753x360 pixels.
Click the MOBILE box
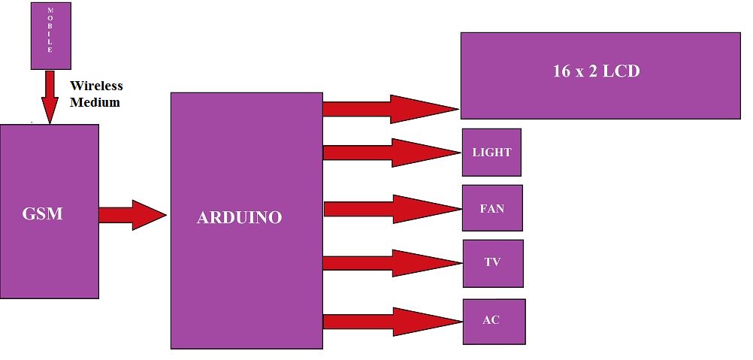tap(50, 36)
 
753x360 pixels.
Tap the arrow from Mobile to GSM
tap(50, 96)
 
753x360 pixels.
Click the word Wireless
tap(95, 86)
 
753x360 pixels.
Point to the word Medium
tap(95, 102)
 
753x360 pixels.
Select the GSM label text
tap(43, 213)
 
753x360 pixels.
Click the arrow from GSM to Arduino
tap(132, 215)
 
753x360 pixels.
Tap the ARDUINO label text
tap(239, 218)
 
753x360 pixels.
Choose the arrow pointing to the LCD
tap(390, 109)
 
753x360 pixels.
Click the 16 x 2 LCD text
tap(596, 72)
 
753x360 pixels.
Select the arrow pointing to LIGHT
tap(391, 153)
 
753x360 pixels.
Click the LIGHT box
tap(491, 153)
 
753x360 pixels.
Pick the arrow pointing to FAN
tap(391, 208)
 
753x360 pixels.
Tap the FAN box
tap(492, 208)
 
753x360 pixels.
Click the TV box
tap(492, 263)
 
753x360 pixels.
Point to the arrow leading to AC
tap(391, 322)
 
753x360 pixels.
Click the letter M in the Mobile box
tap(50, 10)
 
